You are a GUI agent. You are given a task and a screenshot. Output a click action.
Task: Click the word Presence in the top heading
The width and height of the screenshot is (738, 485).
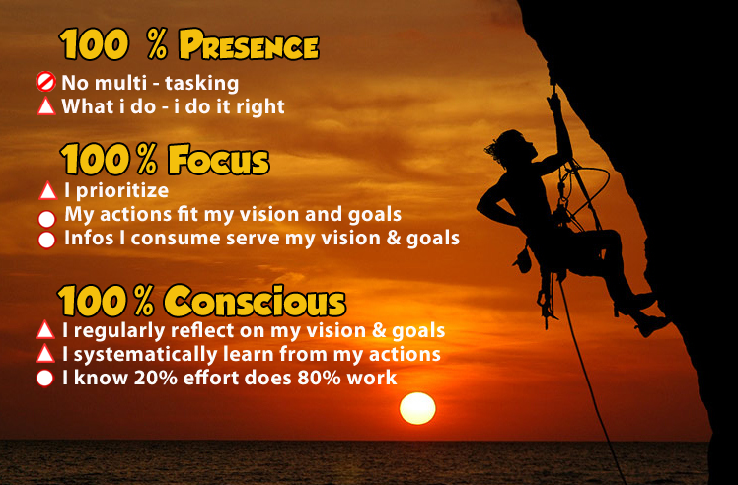(249, 45)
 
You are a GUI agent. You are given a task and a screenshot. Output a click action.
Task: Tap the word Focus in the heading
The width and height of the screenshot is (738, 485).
(218, 160)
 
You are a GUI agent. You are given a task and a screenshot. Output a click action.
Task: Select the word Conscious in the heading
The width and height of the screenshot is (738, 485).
(255, 300)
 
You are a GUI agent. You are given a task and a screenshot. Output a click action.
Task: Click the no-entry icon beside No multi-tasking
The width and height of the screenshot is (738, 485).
(45, 82)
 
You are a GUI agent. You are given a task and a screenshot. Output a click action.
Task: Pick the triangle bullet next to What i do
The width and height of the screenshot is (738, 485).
(46, 105)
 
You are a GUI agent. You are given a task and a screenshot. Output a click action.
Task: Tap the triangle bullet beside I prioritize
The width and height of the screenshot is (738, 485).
(47, 190)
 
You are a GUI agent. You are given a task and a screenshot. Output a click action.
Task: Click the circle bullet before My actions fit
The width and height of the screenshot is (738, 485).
(46, 219)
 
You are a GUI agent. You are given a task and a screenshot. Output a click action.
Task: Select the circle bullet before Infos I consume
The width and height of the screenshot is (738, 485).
(46, 240)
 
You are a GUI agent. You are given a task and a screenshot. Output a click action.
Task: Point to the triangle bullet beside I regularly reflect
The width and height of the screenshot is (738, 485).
(45, 330)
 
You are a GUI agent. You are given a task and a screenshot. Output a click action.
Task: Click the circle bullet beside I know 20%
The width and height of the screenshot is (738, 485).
(45, 379)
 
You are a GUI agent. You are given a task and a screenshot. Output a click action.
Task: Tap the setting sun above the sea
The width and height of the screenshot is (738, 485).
(417, 408)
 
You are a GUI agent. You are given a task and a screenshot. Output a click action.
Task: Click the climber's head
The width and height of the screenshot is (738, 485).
(512, 147)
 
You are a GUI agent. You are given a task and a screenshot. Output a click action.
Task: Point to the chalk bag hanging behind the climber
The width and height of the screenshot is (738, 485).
(523, 261)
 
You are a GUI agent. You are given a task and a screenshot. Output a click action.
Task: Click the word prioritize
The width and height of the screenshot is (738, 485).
(122, 191)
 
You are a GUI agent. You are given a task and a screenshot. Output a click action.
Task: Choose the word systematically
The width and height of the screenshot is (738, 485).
(145, 355)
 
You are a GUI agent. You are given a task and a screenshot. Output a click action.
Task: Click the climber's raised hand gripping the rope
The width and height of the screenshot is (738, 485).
(553, 101)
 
